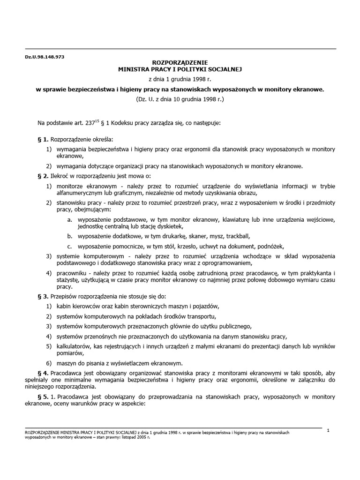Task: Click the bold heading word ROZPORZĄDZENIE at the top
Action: [180, 62]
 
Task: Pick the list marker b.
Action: [69, 235]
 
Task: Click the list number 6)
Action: [48, 363]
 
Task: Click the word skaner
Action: [188, 235]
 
